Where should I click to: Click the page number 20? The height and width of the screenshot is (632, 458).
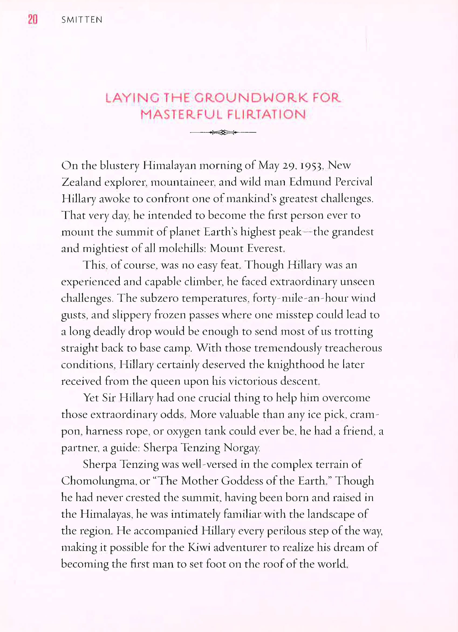click(x=33, y=19)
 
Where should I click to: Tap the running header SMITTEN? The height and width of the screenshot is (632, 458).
click(x=82, y=20)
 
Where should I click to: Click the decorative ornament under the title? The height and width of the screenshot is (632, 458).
click(x=223, y=132)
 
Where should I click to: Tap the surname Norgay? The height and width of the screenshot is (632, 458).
click(x=242, y=448)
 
